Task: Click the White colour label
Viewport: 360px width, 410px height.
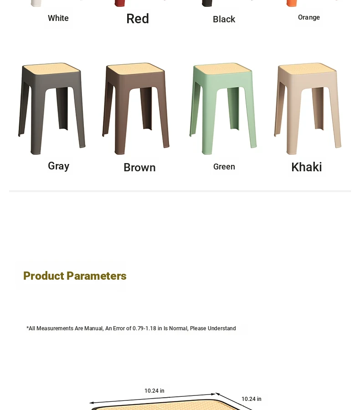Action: coord(58,18)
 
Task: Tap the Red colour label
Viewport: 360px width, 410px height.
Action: coord(138,19)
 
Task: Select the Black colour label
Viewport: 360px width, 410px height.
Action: coord(224,19)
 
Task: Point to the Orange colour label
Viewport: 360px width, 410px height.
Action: coord(309,17)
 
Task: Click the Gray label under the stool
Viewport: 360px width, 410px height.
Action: coord(59,166)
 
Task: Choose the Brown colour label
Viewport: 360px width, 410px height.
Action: coord(139,167)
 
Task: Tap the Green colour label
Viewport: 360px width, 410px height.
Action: coord(224,167)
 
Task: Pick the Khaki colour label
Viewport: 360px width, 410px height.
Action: coord(306,167)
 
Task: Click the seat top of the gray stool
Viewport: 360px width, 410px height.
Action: coord(51,68)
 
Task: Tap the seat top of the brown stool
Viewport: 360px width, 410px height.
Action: coord(136,68)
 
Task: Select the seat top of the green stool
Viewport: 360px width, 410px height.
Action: coord(223,68)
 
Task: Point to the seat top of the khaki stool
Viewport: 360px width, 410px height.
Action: coord(308,68)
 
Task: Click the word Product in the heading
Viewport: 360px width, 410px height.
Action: coord(43,276)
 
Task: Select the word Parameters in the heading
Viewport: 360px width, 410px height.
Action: coord(97,276)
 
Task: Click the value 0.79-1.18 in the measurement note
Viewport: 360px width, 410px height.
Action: coord(144,328)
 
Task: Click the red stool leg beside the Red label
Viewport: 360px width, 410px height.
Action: coord(120,3)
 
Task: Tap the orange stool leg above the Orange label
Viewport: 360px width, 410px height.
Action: coord(292,3)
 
